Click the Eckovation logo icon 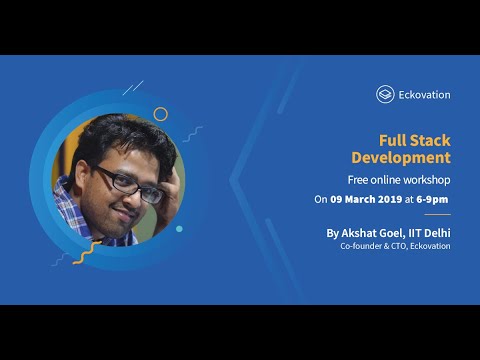pyautogui.click(x=384, y=94)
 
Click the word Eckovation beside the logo pyautogui.click(x=424, y=95)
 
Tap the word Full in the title pyautogui.click(x=388, y=141)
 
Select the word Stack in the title pyautogui.click(x=428, y=141)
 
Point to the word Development pyautogui.click(x=400, y=158)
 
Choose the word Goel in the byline pyautogui.click(x=394, y=232)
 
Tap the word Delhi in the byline pyautogui.click(x=437, y=232)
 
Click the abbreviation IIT pyautogui.click(x=416, y=232)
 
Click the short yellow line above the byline pyautogui.click(x=436, y=215)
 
